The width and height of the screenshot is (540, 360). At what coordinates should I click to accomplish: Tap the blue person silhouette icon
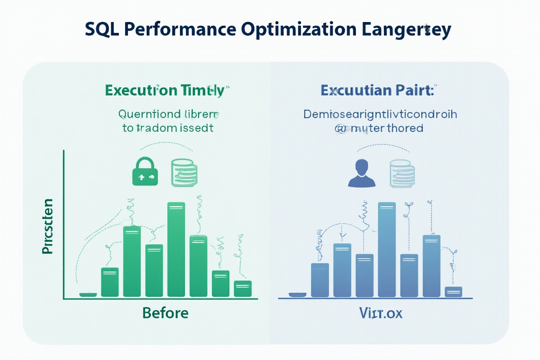tap(362, 174)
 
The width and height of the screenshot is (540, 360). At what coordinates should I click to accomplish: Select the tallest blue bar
tap(387, 250)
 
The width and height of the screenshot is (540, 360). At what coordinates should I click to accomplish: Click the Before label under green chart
tap(165, 313)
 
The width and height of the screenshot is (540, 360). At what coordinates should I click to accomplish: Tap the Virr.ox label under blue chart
tap(381, 313)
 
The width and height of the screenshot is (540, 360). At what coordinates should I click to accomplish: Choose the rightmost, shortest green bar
tap(243, 288)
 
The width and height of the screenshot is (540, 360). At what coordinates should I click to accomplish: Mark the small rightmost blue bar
tap(453, 292)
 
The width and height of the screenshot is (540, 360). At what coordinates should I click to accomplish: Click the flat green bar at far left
tap(88, 295)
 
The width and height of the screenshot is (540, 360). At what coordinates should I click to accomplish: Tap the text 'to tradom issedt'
tap(167, 128)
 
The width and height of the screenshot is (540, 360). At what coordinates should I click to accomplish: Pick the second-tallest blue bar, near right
tap(432, 266)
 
